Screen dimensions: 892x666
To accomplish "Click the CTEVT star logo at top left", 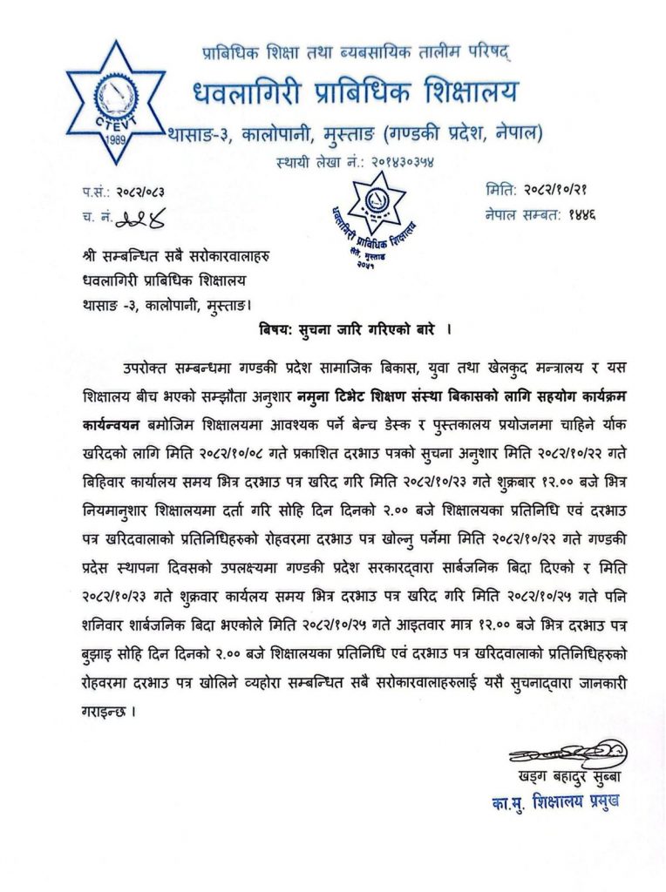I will (115, 102).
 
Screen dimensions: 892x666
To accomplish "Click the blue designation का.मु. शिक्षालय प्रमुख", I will (554, 801).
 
